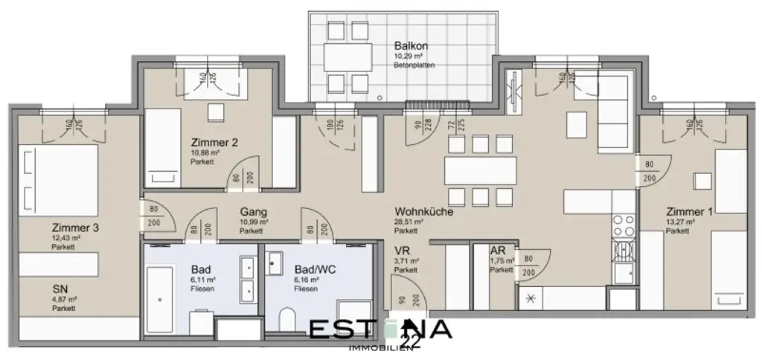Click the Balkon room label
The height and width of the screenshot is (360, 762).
click(x=412, y=45)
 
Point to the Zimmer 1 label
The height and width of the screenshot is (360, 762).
click(x=690, y=211)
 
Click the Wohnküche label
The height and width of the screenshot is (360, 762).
click(x=424, y=211)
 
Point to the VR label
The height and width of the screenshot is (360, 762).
click(x=403, y=251)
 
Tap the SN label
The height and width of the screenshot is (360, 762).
click(x=61, y=289)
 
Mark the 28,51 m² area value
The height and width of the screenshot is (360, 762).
click(x=410, y=222)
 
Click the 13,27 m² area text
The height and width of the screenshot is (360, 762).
click(x=680, y=222)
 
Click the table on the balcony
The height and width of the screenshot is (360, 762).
click(x=348, y=56)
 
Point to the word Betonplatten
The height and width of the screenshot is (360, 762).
click(x=414, y=65)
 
